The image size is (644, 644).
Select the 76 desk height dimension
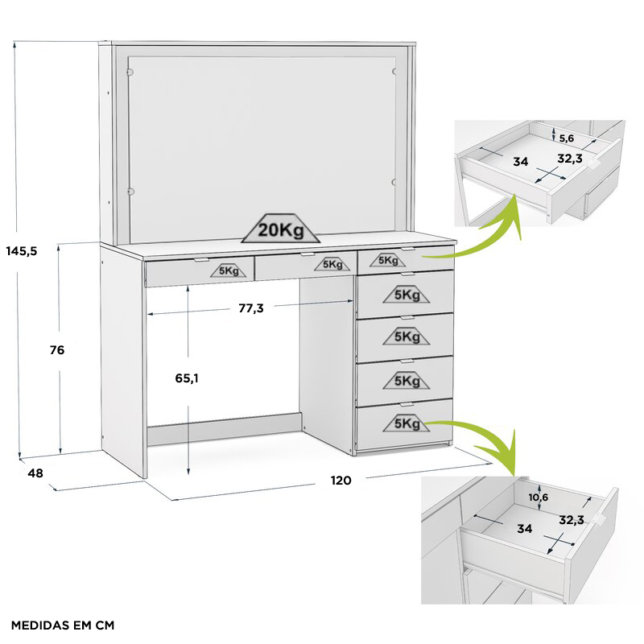click(56, 350)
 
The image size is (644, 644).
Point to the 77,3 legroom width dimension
click(250, 308)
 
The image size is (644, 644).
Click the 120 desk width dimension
click(341, 481)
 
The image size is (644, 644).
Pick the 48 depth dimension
click(35, 473)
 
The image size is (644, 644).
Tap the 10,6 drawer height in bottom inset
click(539, 497)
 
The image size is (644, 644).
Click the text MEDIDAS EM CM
click(63, 625)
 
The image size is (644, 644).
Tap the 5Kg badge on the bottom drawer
click(407, 423)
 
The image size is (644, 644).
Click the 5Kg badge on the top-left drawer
click(229, 271)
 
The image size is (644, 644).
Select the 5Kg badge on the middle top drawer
click(332, 264)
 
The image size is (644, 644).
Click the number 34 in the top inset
click(521, 162)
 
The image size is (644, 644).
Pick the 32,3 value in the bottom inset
click(572, 520)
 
